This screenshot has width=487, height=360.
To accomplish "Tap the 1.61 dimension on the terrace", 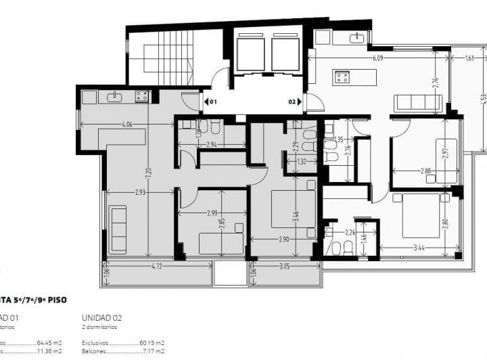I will click(470, 58).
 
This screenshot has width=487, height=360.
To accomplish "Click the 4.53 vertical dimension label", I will click(483, 99).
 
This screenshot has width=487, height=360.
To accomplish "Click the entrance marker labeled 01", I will click(212, 102).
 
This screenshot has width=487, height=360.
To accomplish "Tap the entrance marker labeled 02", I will click(292, 102).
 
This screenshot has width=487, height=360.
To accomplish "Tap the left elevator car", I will click(250, 54).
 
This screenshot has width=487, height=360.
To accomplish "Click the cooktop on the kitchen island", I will click(342, 77).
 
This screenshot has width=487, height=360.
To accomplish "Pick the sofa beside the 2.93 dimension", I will click(118, 229).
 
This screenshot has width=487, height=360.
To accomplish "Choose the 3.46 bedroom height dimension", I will click(297, 217).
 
